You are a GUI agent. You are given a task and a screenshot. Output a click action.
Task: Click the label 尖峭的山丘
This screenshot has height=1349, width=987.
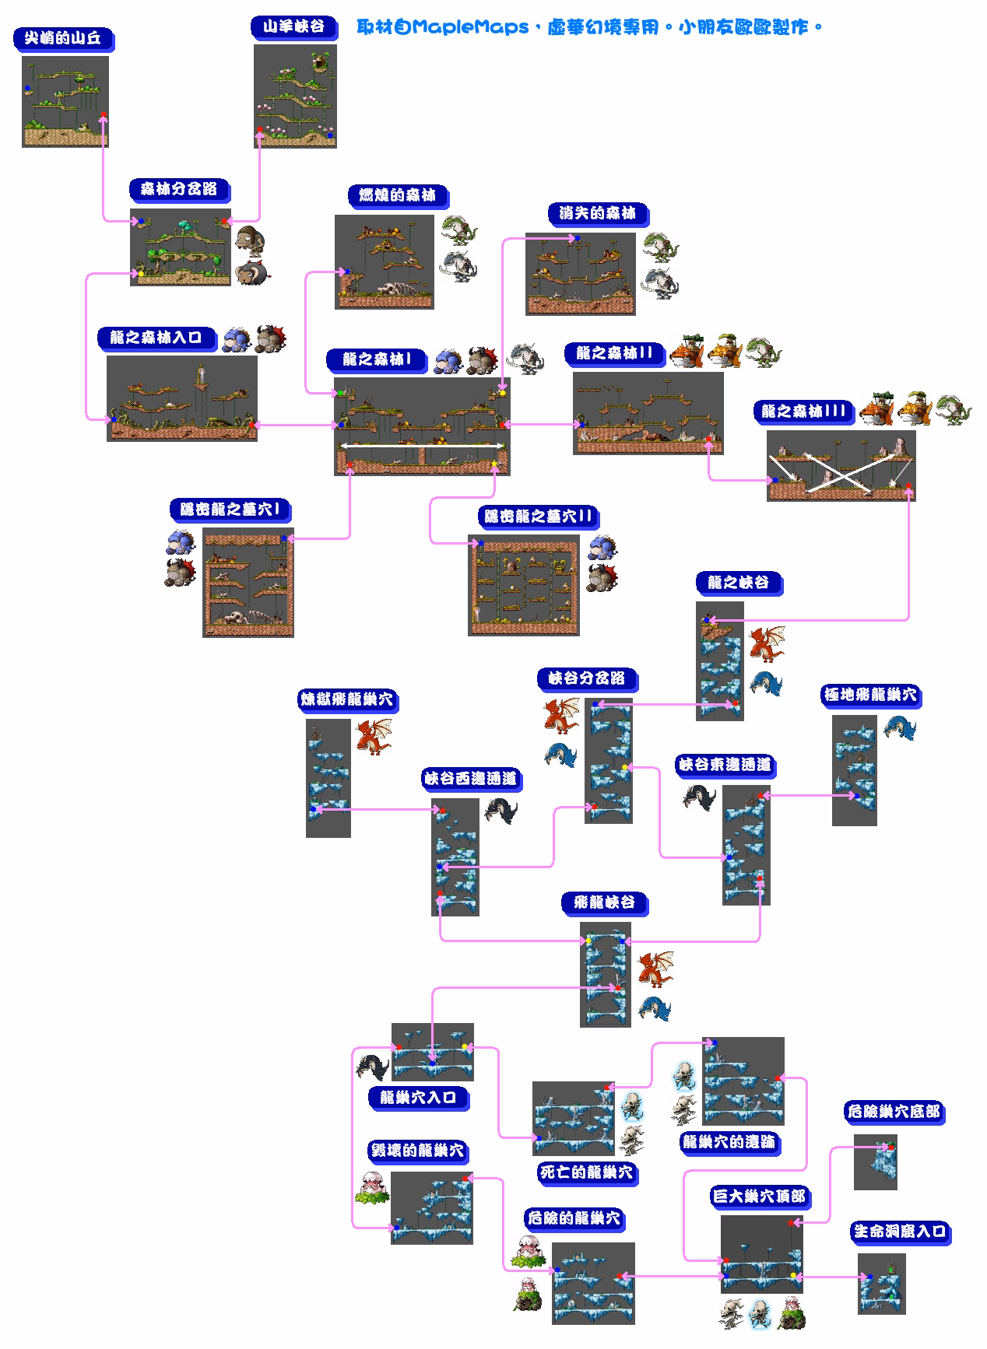pos(63,39)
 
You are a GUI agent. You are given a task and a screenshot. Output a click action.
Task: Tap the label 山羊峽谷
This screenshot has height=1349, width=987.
pos(293,27)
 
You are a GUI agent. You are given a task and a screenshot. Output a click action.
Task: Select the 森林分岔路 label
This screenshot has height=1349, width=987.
pos(179,189)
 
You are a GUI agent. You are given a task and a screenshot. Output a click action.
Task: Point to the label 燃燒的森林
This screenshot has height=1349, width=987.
pos(397,195)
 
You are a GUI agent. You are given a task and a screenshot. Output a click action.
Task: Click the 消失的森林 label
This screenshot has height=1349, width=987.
pos(597,213)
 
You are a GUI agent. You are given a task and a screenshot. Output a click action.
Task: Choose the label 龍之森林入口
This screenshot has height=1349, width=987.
pos(156,338)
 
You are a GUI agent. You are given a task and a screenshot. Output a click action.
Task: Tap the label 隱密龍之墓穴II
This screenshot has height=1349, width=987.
pos(539,516)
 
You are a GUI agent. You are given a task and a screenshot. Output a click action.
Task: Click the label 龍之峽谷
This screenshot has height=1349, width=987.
pos(738,582)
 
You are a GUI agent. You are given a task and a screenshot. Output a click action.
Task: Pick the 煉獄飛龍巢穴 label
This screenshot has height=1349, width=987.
pos(347,699)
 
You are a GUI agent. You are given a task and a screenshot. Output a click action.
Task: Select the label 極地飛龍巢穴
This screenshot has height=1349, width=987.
pos(870,694)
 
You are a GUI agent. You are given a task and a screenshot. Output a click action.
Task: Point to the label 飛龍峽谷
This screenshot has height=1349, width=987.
pos(605,902)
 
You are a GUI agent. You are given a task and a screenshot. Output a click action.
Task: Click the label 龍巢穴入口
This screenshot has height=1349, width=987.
pos(418,1097)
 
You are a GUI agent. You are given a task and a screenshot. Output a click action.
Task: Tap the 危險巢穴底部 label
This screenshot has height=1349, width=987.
pos(893,1112)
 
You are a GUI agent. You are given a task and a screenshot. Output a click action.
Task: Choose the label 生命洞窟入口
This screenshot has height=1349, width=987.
pos(900,1232)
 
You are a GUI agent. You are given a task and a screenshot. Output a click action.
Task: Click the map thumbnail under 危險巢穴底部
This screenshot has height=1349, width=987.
pos(876,1162)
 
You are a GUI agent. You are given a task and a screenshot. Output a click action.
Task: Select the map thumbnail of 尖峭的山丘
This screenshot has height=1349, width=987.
pos(65,101)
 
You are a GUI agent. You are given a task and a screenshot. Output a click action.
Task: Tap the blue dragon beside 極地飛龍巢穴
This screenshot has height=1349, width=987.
pos(900,727)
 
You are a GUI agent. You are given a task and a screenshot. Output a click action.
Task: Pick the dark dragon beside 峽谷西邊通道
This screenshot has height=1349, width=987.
pos(501,811)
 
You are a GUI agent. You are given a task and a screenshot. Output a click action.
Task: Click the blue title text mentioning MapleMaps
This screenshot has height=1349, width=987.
pos(589,28)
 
